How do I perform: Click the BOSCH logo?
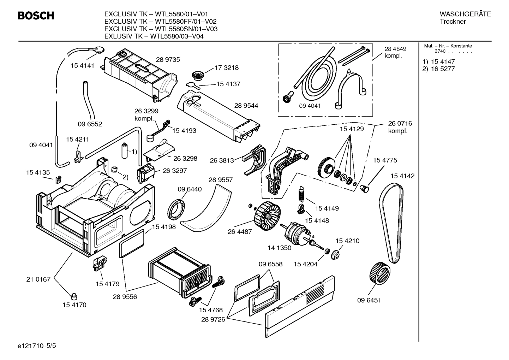point(36,16)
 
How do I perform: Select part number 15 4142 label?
point(402,176)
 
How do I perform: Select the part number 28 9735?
point(168,60)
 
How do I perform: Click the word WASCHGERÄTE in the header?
point(465,14)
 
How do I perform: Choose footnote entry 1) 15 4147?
point(439,62)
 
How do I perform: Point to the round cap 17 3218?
point(196,75)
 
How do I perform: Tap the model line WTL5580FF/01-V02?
point(160,22)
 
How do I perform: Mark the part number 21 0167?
point(38,279)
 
